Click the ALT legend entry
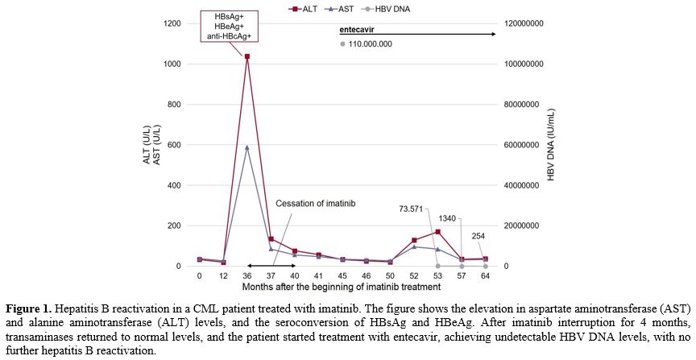(309, 9)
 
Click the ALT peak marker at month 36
(247, 56)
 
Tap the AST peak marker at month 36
(247, 147)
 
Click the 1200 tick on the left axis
(171, 23)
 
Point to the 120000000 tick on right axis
(522, 23)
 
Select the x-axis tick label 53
(437, 275)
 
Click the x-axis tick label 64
(485, 275)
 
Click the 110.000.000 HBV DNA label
(371, 44)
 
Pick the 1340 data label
(447, 218)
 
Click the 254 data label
(477, 237)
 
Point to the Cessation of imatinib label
(315, 203)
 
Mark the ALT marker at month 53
(437, 232)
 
